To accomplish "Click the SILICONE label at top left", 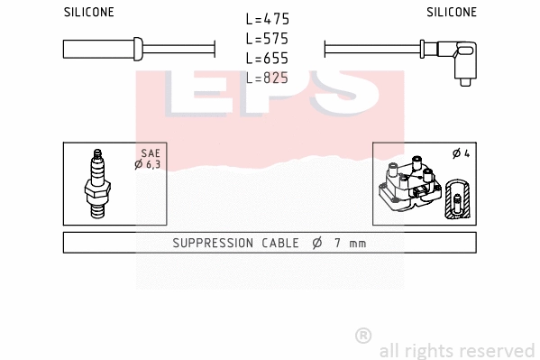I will point(88,13).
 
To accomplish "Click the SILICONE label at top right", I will point(452,13).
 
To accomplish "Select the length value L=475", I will point(268,19).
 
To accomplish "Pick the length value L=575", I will point(268,39).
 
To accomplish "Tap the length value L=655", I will point(268,59).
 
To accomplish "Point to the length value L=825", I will point(268,78).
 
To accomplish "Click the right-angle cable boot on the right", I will point(465,60).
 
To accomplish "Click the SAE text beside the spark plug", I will point(150,153).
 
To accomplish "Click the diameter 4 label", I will point(461,153).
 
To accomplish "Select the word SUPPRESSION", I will point(215,243).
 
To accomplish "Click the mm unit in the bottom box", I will point(357,243).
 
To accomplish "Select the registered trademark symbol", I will point(363,336).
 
